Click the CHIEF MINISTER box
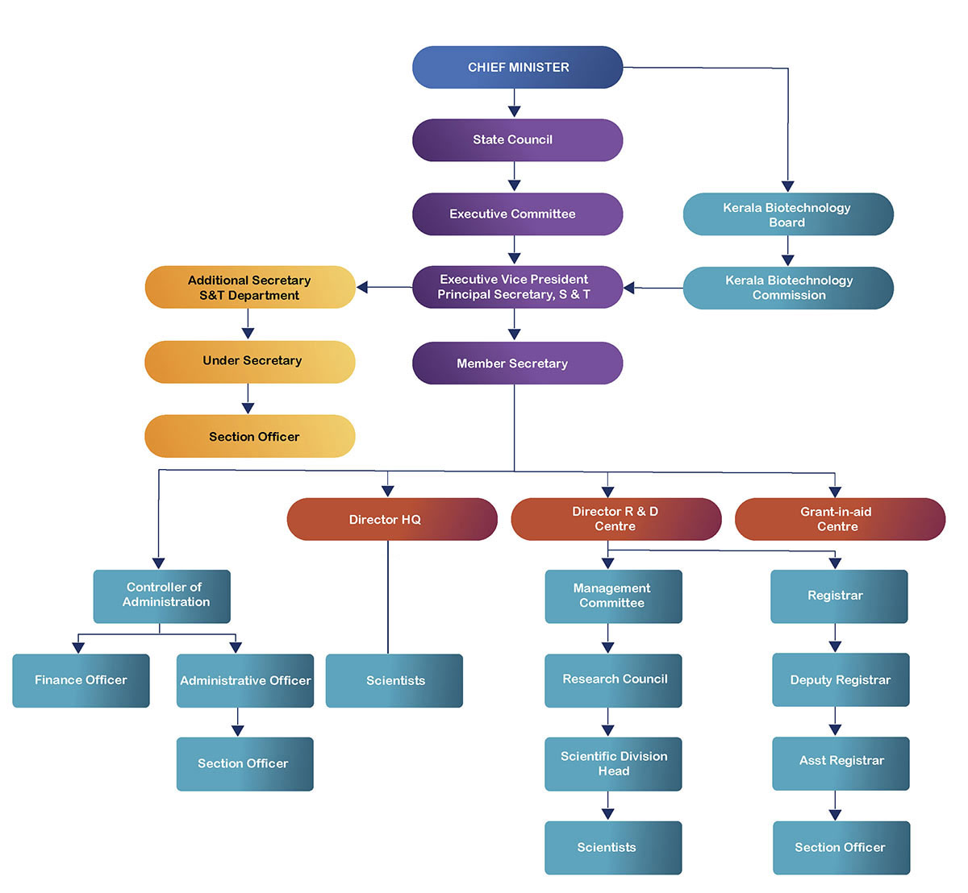517,67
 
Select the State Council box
517,140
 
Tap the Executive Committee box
517,214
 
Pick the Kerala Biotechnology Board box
787,214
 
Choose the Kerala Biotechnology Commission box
788,288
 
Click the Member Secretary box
517,363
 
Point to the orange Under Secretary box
250,361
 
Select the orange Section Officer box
250,436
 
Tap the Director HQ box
392,519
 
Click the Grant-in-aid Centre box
839,519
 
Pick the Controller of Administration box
162,596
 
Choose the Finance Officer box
81,680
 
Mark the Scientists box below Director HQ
394,680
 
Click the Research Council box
613,679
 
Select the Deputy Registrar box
840,679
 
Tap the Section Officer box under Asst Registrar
841,847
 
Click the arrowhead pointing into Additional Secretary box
362,287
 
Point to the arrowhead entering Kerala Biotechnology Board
788,186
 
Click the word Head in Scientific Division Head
614,771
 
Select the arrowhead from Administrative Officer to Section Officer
237,730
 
